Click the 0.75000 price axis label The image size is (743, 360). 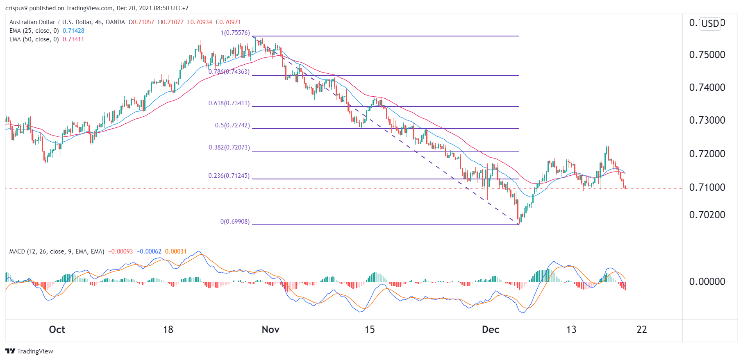click(x=707, y=55)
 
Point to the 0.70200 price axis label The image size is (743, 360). click(x=707, y=215)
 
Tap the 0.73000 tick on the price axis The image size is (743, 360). click(x=707, y=120)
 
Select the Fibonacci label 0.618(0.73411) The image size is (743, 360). click(x=229, y=103)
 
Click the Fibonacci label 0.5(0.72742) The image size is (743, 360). click(x=232, y=125)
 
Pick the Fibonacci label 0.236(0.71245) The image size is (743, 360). click(x=229, y=176)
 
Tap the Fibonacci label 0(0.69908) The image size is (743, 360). click(x=235, y=222)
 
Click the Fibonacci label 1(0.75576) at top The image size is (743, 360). click(x=235, y=33)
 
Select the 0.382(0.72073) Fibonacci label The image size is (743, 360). click(x=229, y=147)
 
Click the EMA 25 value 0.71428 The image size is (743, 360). click(x=73, y=31)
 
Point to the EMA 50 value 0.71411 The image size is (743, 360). click(x=73, y=39)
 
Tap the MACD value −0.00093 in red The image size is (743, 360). click(x=120, y=251)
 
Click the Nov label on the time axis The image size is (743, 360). click(x=270, y=330)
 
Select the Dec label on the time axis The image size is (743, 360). click(x=490, y=330)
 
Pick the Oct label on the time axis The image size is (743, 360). click(x=57, y=330)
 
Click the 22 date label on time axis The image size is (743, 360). click(x=641, y=330)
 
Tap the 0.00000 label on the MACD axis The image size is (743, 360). click(x=707, y=282)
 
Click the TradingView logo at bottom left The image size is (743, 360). click(x=29, y=351)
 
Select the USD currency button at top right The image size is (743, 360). click(x=710, y=23)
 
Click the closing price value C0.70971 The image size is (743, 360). click(x=228, y=22)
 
